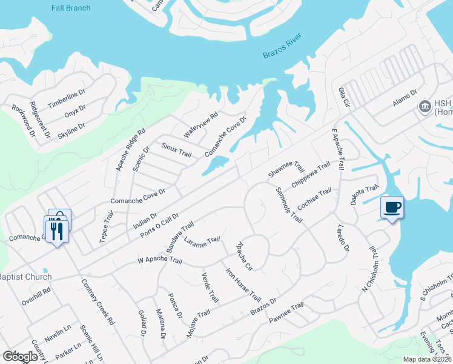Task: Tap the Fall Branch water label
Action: click(71, 8)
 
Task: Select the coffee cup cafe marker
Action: click(392, 208)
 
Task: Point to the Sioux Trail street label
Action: click(177, 150)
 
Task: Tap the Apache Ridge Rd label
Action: click(131, 149)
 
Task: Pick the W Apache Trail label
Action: click(160, 261)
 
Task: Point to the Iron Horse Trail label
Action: click(243, 285)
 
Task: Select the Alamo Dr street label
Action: click(405, 98)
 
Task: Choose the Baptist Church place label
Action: click(25, 277)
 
